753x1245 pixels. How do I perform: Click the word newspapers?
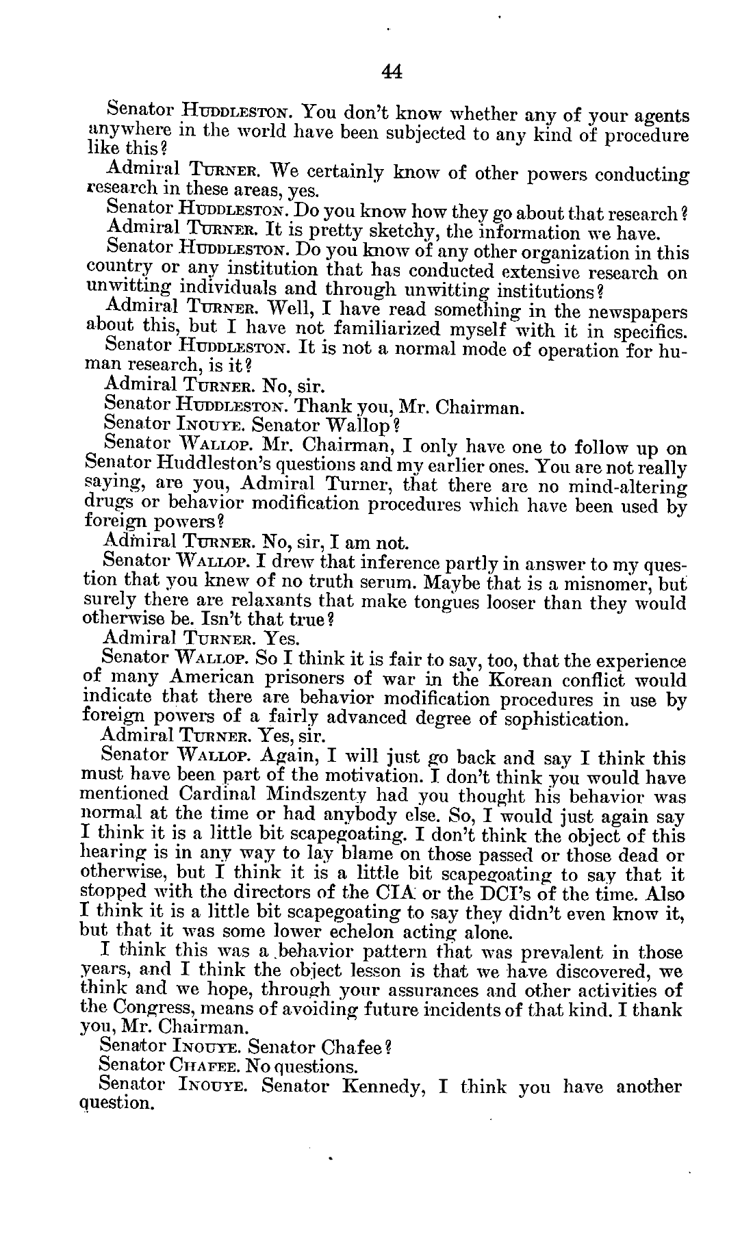tap(637, 312)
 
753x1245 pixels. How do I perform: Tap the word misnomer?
tap(604, 583)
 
